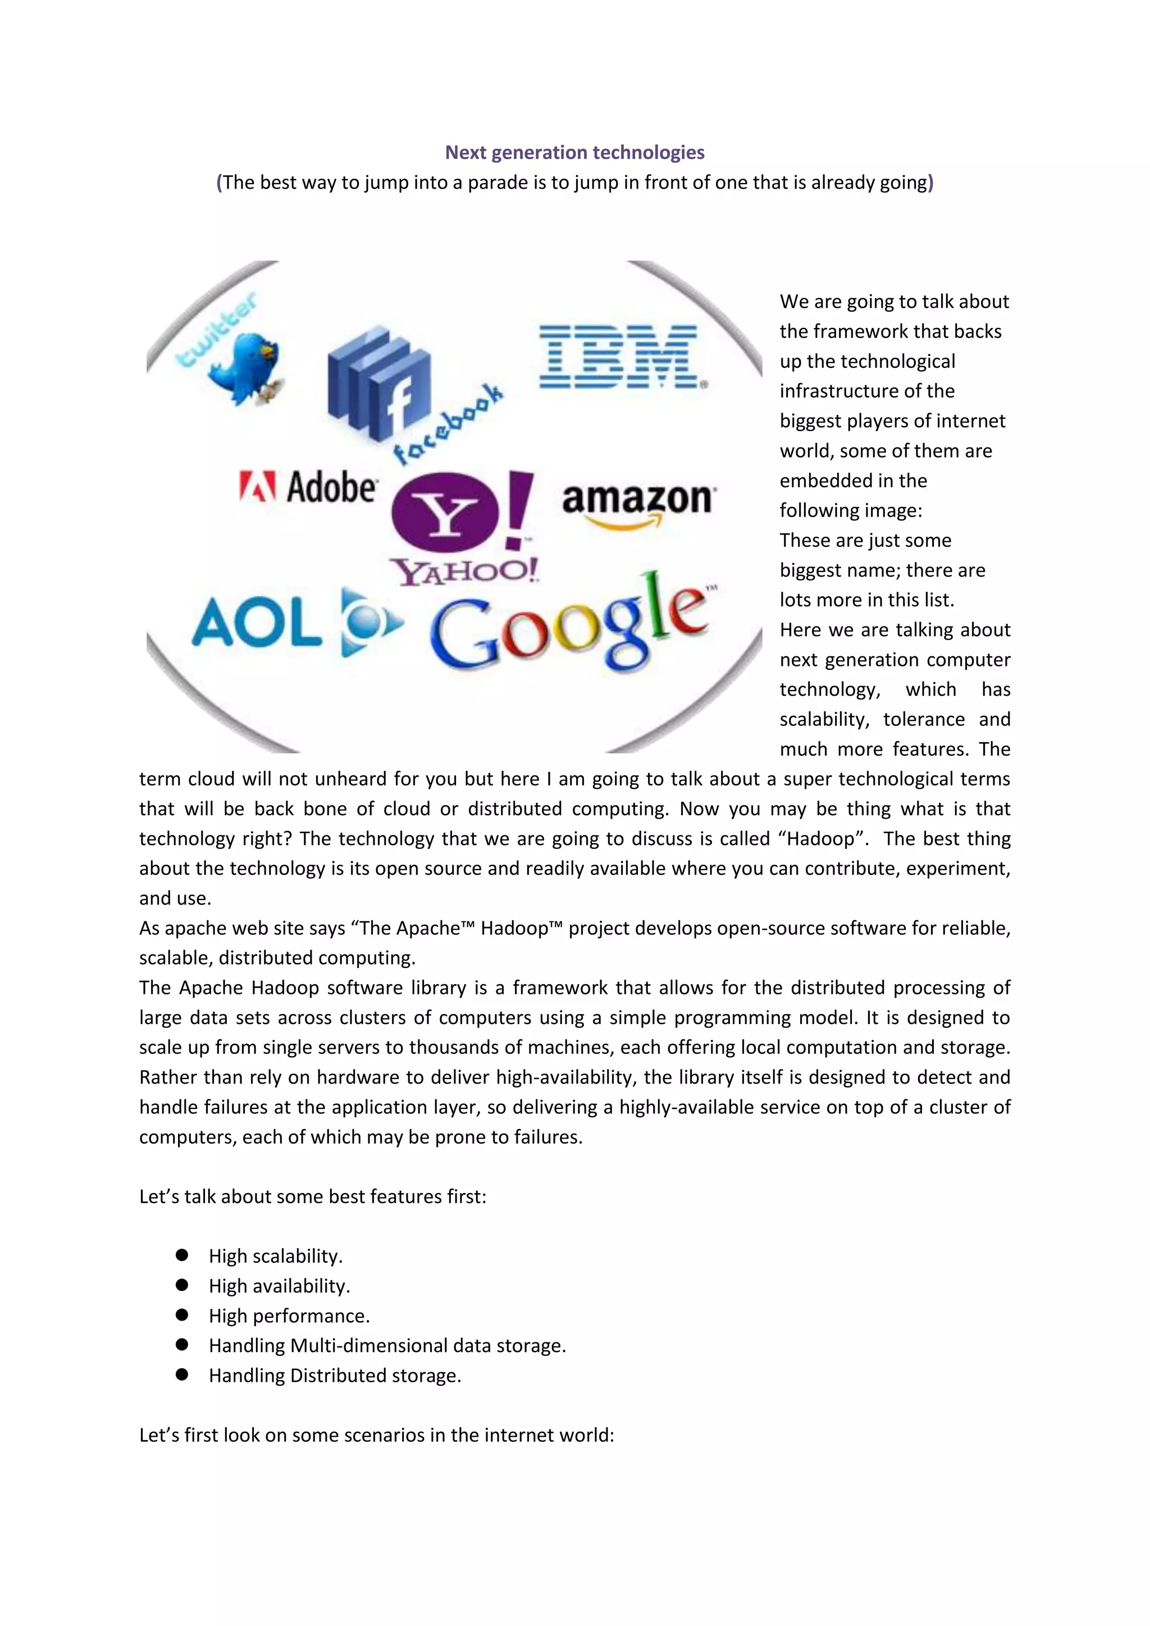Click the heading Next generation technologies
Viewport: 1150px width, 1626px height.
[x=574, y=152]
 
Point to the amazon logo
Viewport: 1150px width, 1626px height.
[x=638, y=503]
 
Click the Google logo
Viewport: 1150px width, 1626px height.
[x=570, y=627]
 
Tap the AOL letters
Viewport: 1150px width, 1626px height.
[x=257, y=624]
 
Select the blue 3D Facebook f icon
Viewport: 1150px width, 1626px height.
[x=379, y=386]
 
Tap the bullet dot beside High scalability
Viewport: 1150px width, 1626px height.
[x=182, y=1255]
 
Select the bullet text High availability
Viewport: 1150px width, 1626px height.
[x=279, y=1286]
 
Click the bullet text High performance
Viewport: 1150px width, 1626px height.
[x=289, y=1316]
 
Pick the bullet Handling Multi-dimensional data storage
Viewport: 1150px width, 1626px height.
[x=387, y=1346]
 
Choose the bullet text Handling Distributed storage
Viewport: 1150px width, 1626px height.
[x=335, y=1375]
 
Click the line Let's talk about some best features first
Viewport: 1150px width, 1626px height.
[x=312, y=1197]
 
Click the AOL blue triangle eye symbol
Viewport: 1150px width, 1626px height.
[x=367, y=623]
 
